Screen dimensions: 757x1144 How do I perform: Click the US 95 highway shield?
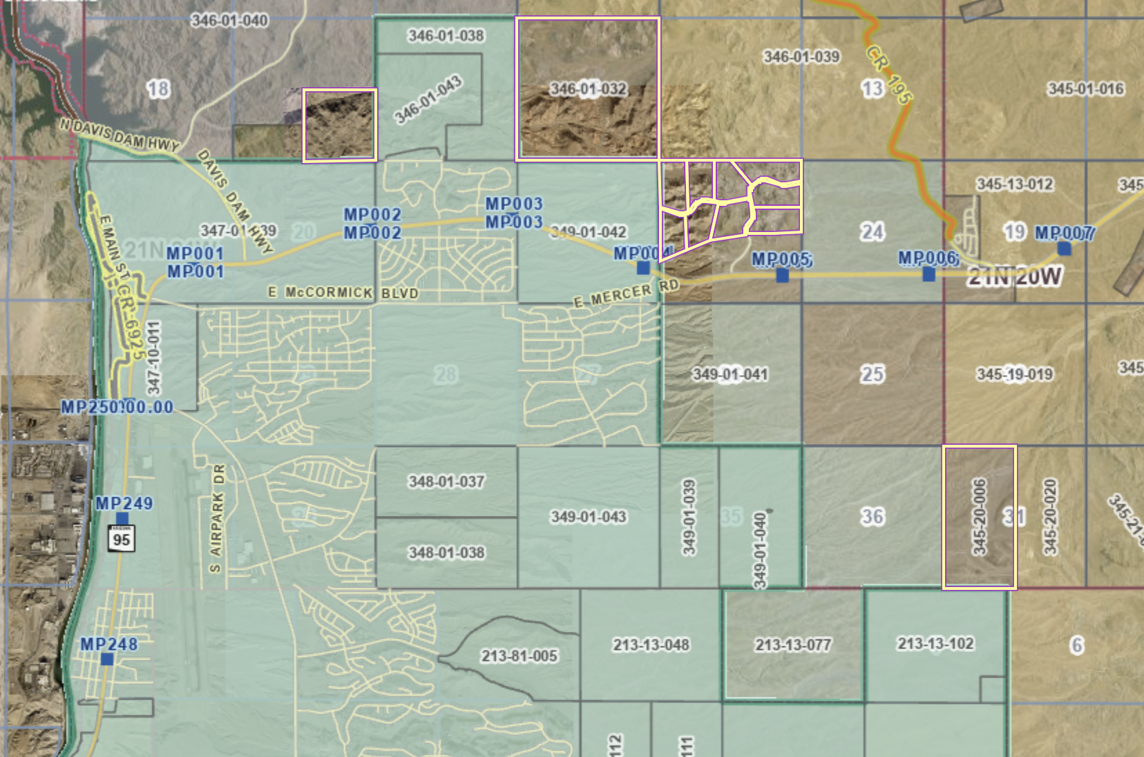pyautogui.click(x=122, y=538)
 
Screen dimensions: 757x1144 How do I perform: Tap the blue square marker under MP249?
pyautogui.click(x=122, y=519)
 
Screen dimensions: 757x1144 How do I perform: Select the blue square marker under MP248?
pyautogui.click(x=107, y=660)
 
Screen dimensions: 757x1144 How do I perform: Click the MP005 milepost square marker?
pyautogui.click(x=782, y=276)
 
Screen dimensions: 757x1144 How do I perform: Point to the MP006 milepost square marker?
pyautogui.click(x=929, y=275)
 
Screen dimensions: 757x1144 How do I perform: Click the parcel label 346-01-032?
pyautogui.click(x=588, y=89)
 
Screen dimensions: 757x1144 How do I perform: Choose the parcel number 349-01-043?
pyautogui.click(x=589, y=517)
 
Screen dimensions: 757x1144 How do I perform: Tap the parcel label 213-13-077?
pyautogui.click(x=793, y=645)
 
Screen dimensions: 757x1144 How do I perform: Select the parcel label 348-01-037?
pyautogui.click(x=446, y=481)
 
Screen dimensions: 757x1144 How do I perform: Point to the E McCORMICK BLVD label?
pyautogui.click(x=343, y=293)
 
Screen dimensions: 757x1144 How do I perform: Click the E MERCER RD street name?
pyautogui.click(x=626, y=294)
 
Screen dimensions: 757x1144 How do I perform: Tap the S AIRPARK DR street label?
pyautogui.click(x=217, y=519)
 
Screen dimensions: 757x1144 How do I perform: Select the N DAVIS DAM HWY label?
pyautogui.click(x=119, y=135)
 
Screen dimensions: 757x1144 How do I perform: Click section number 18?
pyautogui.click(x=158, y=88)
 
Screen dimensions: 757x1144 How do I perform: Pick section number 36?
pyautogui.click(x=872, y=517)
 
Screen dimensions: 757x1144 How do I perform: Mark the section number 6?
pyautogui.click(x=1076, y=645)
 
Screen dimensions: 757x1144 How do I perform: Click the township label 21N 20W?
pyautogui.click(x=1014, y=277)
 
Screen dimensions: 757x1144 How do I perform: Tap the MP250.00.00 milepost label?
pyautogui.click(x=117, y=407)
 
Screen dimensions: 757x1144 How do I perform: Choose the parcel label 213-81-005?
pyautogui.click(x=519, y=655)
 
